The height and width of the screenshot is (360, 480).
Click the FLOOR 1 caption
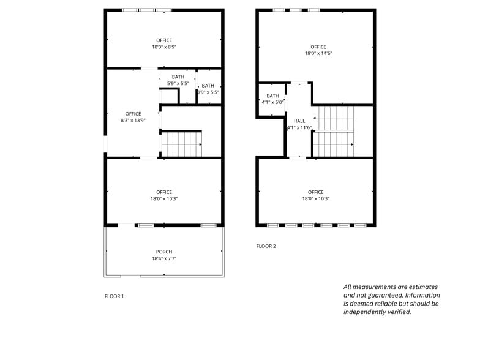pos(114,296)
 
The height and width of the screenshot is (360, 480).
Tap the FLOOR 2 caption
pos(266,246)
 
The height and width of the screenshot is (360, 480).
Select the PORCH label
pos(164,252)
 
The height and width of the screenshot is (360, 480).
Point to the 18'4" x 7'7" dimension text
pos(164,258)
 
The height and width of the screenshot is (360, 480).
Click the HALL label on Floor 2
pos(299,121)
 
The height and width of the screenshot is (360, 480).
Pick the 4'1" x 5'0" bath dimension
pos(272,102)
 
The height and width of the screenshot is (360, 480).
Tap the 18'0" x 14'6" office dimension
pos(318,53)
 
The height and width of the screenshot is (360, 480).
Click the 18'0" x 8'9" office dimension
pos(164,47)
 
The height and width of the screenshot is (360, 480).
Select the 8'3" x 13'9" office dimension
pos(133,121)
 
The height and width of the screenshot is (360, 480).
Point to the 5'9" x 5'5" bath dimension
pos(178,83)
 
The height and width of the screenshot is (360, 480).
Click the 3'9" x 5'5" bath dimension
pos(208,92)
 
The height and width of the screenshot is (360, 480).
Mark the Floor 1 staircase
pos(181,144)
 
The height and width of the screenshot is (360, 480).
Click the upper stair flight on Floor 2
pos(333,118)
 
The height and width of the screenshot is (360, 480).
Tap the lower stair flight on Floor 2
pos(333,144)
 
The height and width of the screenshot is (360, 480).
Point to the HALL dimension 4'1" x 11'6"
pos(299,127)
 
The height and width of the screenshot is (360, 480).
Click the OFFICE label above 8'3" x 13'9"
pos(133,114)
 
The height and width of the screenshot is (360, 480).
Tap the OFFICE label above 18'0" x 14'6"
pos(318,47)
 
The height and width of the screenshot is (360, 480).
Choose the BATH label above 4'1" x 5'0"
pos(272,96)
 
